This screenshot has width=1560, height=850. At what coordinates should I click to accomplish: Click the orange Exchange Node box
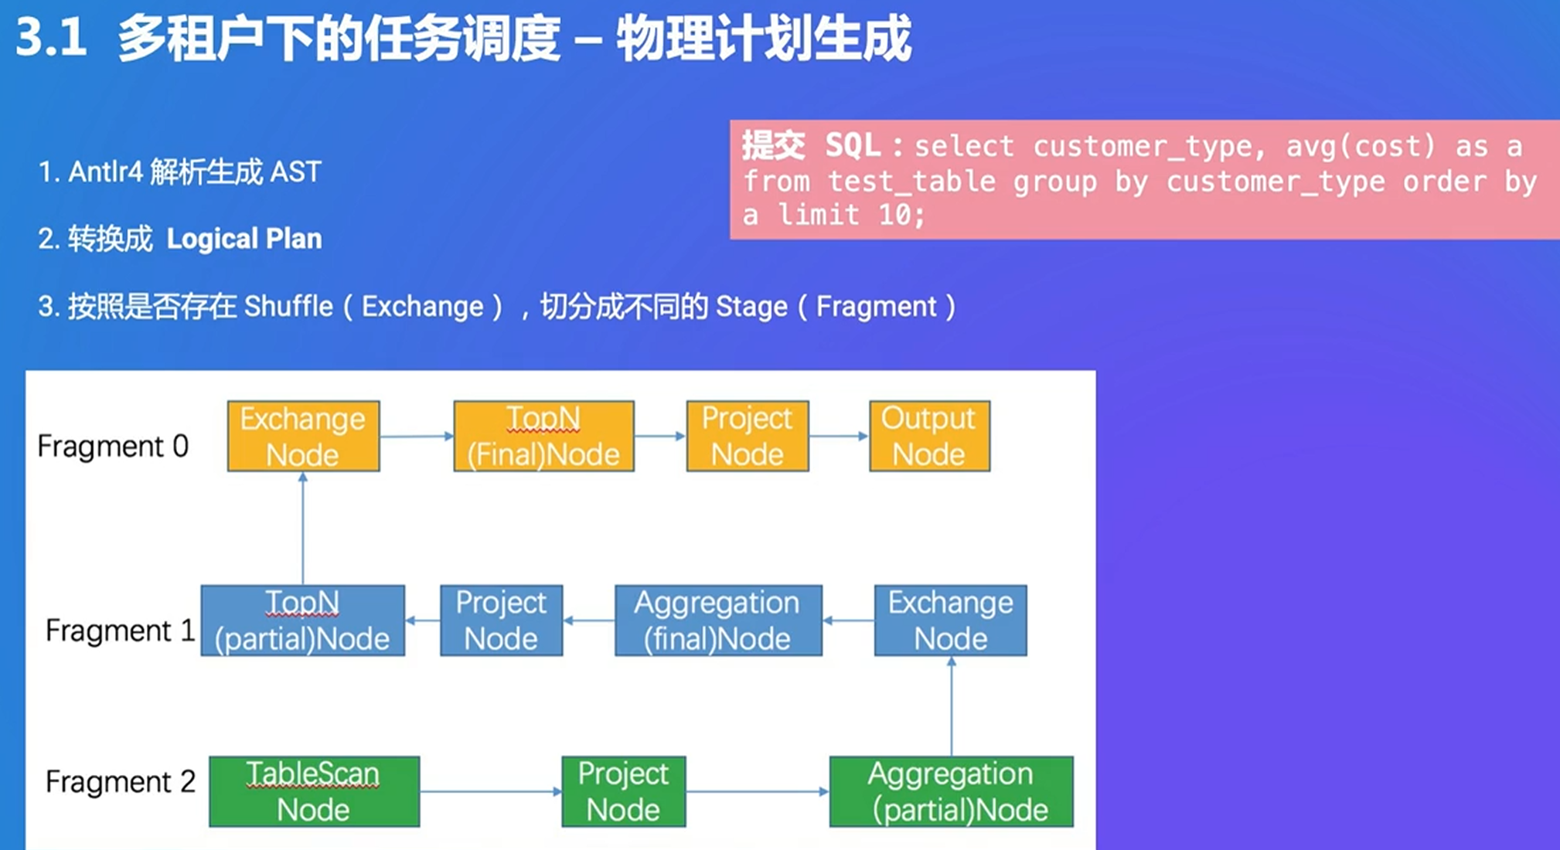(303, 436)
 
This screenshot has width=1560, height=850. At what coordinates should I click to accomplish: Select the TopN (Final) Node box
(543, 436)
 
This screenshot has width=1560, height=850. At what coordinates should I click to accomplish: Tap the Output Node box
(929, 436)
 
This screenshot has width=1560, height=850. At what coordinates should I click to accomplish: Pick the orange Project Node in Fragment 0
(748, 436)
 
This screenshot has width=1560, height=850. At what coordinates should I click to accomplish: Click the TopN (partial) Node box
(302, 620)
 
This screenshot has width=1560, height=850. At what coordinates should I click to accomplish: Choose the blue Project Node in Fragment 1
(501, 620)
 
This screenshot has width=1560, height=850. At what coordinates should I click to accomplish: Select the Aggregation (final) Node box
(718, 620)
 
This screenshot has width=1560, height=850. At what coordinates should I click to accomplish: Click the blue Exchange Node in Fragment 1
(951, 620)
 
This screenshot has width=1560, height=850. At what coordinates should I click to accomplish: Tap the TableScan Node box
(314, 791)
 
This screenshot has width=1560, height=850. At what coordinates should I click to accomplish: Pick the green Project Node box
(623, 791)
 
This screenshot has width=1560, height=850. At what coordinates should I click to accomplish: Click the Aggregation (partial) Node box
(951, 791)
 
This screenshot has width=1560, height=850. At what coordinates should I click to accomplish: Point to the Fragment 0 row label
(113, 446)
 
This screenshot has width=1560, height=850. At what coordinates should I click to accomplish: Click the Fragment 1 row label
(120, 631)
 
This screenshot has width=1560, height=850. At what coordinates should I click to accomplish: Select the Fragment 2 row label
(120, 781)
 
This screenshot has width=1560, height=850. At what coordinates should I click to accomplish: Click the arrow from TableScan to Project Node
(491, 791)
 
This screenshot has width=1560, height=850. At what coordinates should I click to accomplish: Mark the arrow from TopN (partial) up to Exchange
(303, 529)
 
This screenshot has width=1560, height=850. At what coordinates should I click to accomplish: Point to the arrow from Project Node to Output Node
(840, 436)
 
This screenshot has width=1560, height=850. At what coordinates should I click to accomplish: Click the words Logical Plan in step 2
(244, 239)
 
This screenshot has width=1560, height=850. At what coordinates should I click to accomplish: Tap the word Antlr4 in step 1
(105, 172)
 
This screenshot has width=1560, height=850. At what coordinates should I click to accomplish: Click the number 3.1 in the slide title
(51, 38)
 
